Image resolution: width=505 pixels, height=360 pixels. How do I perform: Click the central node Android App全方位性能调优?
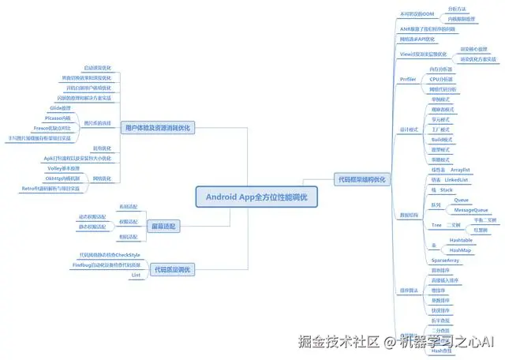(256, 196)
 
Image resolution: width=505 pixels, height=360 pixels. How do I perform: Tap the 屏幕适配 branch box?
(164, 226)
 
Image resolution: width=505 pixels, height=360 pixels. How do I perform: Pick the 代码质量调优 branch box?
(170, 270)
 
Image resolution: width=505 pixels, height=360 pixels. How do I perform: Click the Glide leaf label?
(60, 107)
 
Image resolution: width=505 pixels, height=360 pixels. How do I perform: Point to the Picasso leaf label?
(59, 118)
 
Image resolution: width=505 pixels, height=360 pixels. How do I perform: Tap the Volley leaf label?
(64, 168)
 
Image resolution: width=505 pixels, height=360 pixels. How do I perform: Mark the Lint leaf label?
(135, 275)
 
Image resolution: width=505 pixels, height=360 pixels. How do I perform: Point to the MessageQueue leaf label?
(470, 211)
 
